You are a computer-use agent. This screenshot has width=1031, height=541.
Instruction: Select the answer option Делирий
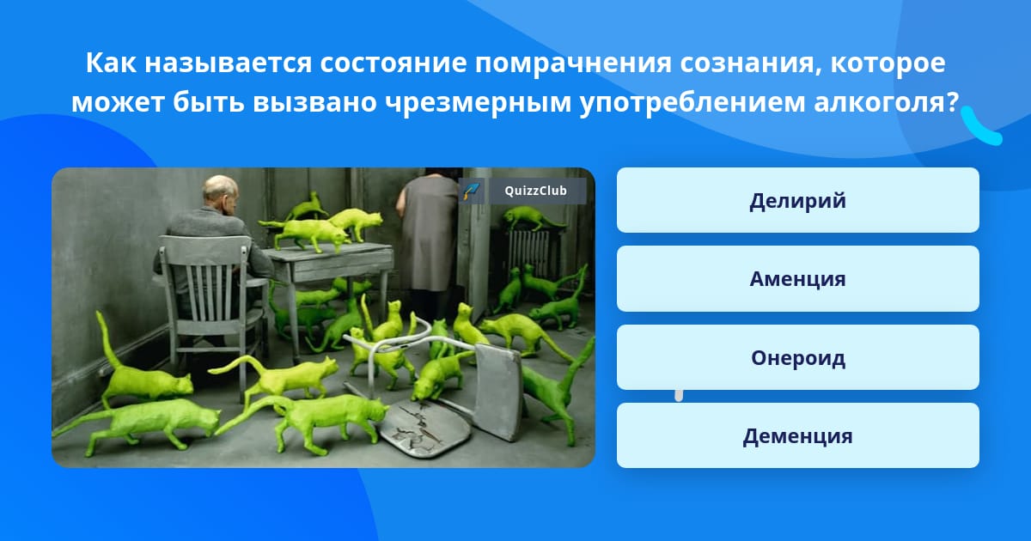click(797, 200)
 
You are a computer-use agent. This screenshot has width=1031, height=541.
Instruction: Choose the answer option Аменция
click(797, 279)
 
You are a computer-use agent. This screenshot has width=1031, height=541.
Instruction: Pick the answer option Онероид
click(797, 357)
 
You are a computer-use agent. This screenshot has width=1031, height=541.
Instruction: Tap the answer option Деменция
click(797, 435)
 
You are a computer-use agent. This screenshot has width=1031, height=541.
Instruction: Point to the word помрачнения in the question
click(574, 63)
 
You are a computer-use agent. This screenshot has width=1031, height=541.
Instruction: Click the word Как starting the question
click(111, 63)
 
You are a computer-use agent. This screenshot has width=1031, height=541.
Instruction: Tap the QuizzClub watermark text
click(536, 191)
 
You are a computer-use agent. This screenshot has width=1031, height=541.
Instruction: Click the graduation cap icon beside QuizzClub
click(472, 191)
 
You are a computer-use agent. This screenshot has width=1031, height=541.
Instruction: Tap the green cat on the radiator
click(529, 217)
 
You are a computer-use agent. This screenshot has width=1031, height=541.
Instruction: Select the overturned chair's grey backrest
click(498, 391)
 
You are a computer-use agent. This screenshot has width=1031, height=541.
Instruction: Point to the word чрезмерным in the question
click(478, 103)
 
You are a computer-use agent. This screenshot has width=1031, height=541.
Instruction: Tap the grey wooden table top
click(329, 252)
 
